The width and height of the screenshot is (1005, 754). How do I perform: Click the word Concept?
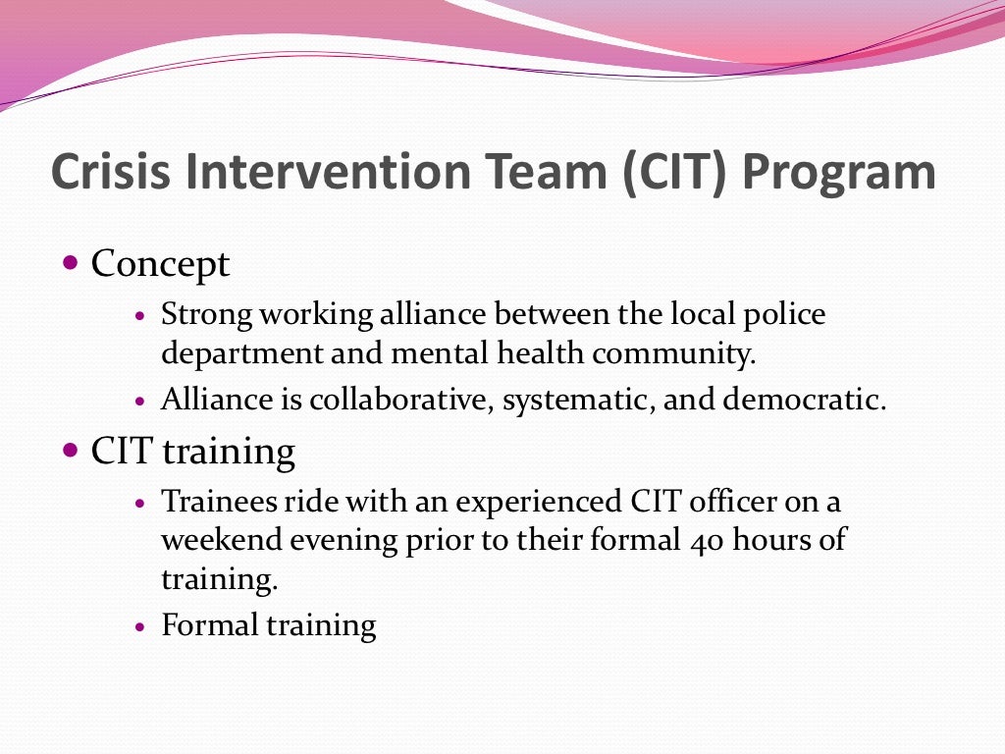[x=160, y=264]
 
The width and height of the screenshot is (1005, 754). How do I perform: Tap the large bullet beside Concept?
[x=70, y=263]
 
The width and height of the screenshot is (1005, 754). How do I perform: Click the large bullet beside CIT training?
[x=70, y=452]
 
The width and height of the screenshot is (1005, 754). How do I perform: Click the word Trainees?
[x=220, y=502]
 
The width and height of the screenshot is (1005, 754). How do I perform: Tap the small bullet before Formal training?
[x=141, y=626]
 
